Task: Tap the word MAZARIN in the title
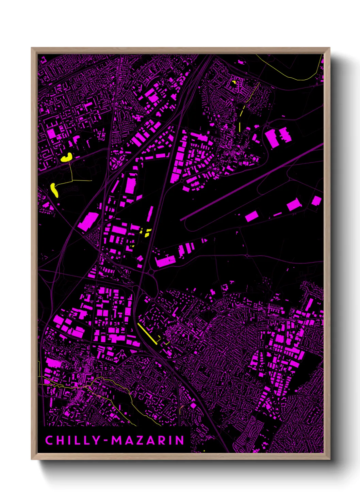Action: coord(148,440)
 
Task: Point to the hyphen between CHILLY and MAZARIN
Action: coord(106,441)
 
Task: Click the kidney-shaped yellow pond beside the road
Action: coord(67,158)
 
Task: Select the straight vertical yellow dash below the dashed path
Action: coord(240,127)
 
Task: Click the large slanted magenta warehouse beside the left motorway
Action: coord(88,221)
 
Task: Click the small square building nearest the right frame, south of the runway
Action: coord(316,201)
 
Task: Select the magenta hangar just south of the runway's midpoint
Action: coord(251,216)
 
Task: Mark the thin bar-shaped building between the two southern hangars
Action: coord(277,214)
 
